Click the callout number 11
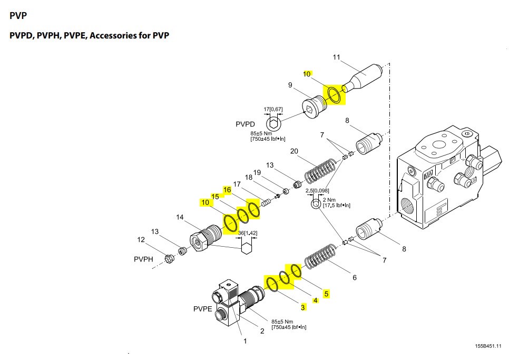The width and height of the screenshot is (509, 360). coord(337,57)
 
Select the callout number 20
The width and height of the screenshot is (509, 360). coord(295,152)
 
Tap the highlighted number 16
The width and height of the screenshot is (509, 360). coord(227,190)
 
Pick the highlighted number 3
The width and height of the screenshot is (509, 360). coord(302,307)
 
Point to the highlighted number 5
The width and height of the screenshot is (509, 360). coord(327,294)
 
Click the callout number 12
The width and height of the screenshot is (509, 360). coord(141,240)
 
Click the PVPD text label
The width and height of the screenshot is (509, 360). coord(245,124)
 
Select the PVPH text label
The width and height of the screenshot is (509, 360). coord(143,259)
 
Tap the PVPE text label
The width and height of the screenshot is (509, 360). coord(203,309)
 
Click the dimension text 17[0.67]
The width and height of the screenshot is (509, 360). coord(273,110)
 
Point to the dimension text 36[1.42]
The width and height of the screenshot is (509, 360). coord(247,233)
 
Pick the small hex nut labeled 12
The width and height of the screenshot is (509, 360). coord(170,258)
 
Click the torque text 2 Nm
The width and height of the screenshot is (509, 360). coord(329,200)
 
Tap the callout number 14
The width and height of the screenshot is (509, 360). coord(180,217)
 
